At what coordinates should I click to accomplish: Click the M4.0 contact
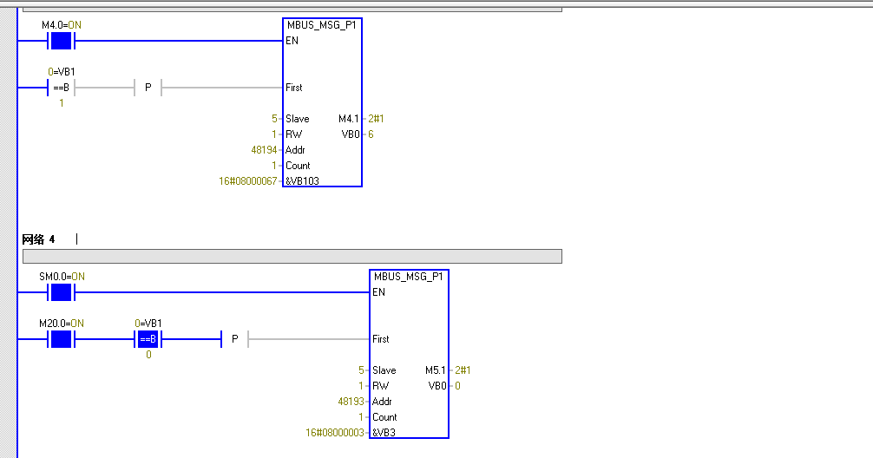click(x=61, y=41)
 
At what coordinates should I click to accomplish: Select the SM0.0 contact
click(x=61, y=292)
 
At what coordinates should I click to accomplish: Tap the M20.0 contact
click(x=61, y=339)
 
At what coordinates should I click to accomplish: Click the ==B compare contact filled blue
click(x=148, y=339)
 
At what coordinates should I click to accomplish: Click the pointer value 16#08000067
click(x=247, y=181)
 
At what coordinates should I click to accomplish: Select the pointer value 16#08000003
click(x=334, y=433)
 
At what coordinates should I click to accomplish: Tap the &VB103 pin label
click(x=304, y=181)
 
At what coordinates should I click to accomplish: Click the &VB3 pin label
click(x=385, y=433)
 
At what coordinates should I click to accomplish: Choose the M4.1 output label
click(x=347, y=119)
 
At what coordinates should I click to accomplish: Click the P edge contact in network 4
click(x=234, y=339)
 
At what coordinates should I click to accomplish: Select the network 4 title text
click(x=38, y=239)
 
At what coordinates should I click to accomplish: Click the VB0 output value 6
click(x=371, y=134)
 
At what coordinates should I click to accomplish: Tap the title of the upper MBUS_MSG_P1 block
click(x=321, y=25)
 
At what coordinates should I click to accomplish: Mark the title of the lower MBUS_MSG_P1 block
click(x=408, y=277)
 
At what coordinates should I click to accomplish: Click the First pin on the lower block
click(x=380, y=339)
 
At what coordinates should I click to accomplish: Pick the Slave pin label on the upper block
click(x=297, y=119)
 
